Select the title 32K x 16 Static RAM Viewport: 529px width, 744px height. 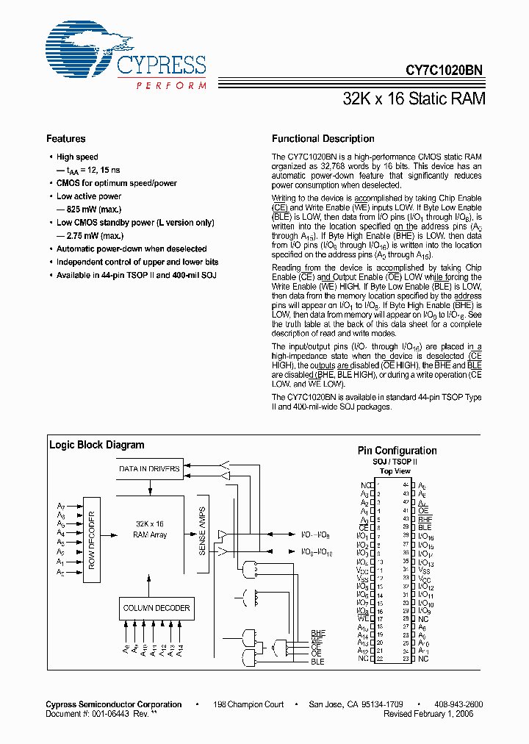[414, 98]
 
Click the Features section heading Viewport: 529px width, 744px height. [65, 139]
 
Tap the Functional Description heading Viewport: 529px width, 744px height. [323, 139]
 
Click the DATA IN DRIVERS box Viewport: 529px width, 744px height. [149, 468]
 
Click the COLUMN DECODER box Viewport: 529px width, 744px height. [156, 607]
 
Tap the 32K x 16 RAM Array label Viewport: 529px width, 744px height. [150, 529]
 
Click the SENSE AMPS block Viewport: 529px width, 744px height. [203, 530]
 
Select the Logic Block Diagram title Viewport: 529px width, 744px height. [96, 445]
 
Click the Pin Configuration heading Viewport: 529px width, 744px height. [397, 451]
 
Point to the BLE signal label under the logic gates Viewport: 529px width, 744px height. [317, 662]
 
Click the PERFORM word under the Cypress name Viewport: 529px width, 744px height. [170, 86]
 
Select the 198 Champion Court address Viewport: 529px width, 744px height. [248, 704]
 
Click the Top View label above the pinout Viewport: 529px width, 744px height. [396, 471]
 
